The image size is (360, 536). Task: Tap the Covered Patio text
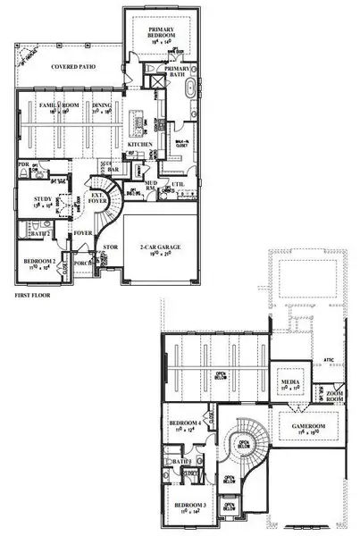coord(76,66)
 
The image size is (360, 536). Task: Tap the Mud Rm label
coord(151,186)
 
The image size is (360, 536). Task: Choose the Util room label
coord(179,185)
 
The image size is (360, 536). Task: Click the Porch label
coord(85,264)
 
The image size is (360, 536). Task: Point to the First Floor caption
coord(34,294)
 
